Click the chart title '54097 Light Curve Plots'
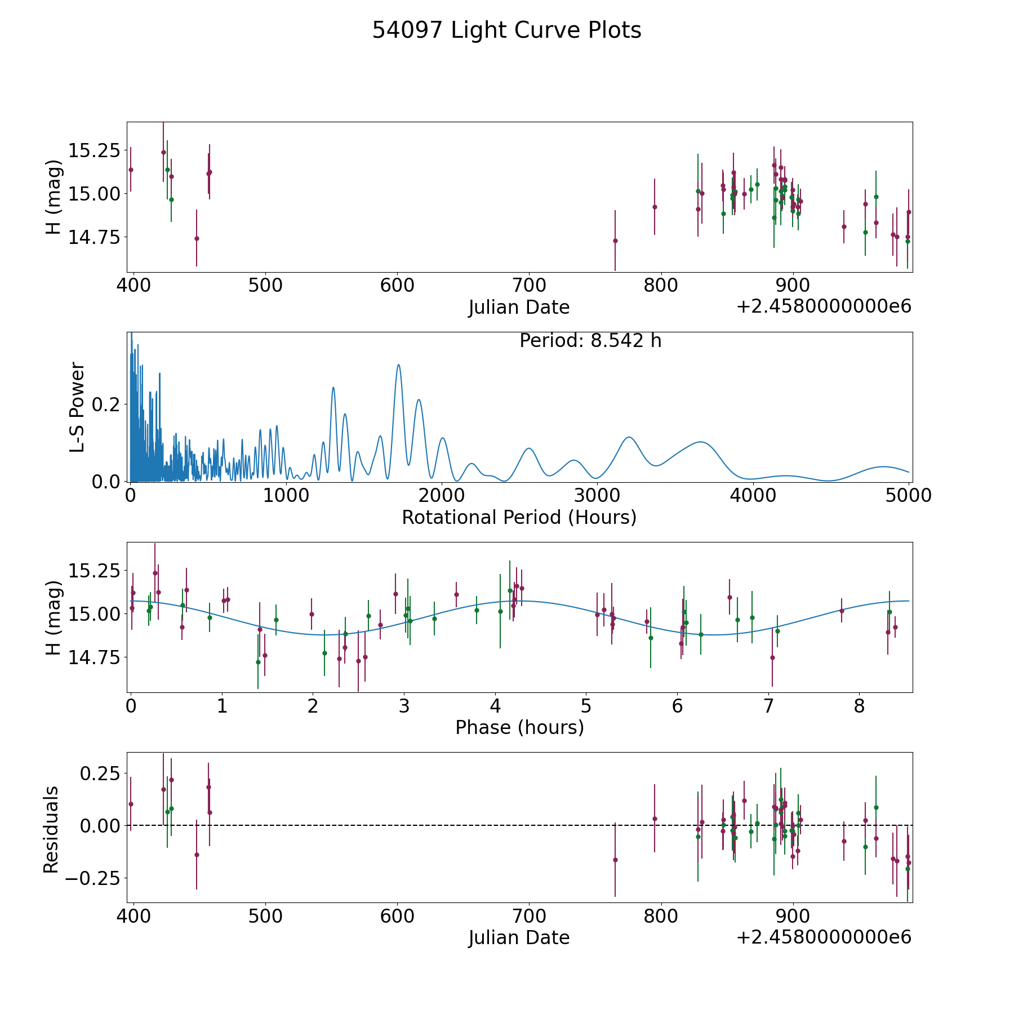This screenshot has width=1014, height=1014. click(506, 30)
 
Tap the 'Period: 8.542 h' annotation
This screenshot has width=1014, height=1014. click(590, 341)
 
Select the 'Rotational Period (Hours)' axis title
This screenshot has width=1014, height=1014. click(519, 517)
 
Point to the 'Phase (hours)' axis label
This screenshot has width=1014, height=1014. click(519, 727)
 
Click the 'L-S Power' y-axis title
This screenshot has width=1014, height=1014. click(78, 407)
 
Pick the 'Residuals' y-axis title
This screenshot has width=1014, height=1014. click(51, 829)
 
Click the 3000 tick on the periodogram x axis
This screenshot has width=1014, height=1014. click(597, 495)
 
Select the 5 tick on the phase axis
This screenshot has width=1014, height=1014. click(586, 705)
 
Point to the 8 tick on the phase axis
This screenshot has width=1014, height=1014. click(859, 705)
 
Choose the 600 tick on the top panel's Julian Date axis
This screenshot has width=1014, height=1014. click(397, 285)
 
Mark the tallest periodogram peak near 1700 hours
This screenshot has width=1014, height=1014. click(398, 364)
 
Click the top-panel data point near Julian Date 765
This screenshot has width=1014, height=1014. click(615, 241)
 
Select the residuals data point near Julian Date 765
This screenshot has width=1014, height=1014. click(615, 860)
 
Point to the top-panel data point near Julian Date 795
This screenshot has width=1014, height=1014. click(655, 207)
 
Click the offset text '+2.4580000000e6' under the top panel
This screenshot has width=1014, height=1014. click(824, 306)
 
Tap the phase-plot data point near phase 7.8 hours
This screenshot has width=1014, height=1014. click(842, 611)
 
